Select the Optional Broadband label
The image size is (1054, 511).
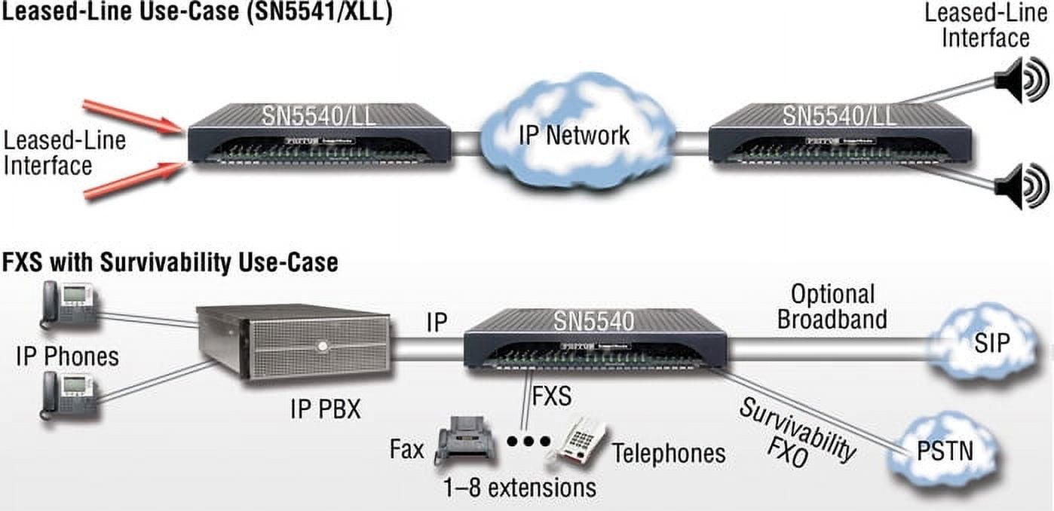click(x=832, y=306)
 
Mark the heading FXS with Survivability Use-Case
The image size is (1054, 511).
click(x=169, y=262)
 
